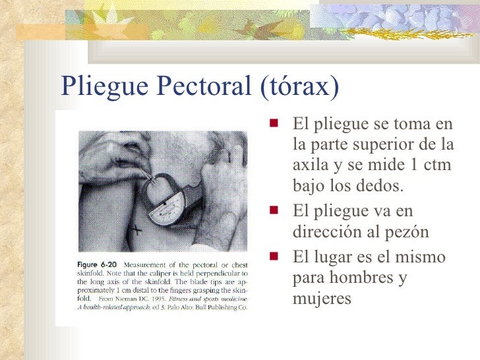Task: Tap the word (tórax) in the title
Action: (x=301, y=85)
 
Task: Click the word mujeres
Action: (x=322, y=299)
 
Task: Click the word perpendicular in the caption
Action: (x=210, y=272)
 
